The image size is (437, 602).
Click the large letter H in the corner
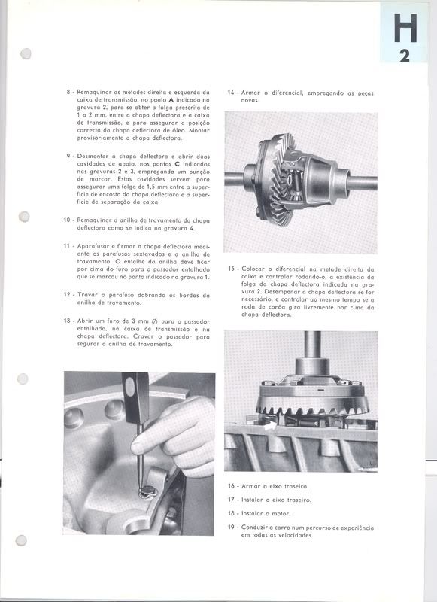(x=405, y=28)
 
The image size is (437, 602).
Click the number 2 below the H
(x=405, y=56)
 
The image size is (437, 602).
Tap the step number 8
(x=68, y=92)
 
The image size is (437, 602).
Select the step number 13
(x=67, y=321)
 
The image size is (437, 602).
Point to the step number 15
(x=232, y=269)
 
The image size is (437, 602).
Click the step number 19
(x=232, y=528)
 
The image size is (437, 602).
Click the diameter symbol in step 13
(x=154, y=321)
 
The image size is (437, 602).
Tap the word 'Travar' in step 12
(x=87, y=295)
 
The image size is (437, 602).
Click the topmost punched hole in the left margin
(x=26, y=53)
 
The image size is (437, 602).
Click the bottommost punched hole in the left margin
(x=21, y=541)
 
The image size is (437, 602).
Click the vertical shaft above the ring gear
(x=313, y=345)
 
